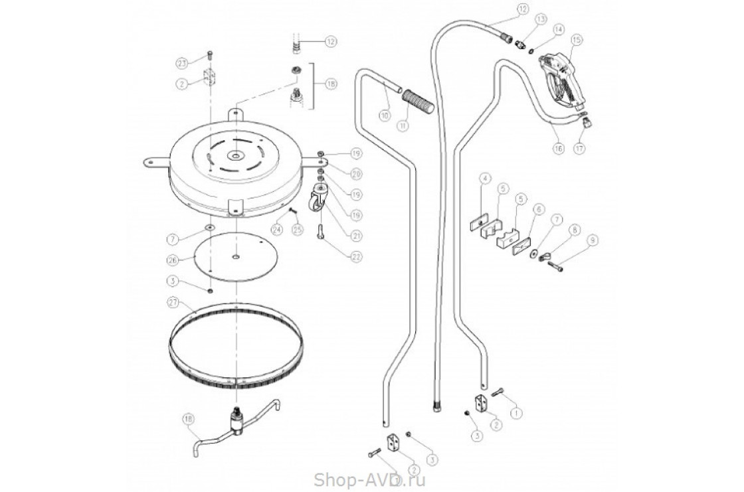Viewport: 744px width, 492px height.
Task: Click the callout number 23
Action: (182, 62)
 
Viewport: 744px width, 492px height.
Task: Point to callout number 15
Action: (576, 41)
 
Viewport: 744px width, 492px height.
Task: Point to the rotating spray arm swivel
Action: (236, 420)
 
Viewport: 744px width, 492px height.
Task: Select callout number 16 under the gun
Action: (557, 149)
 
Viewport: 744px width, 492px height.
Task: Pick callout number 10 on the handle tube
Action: (385, 115)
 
